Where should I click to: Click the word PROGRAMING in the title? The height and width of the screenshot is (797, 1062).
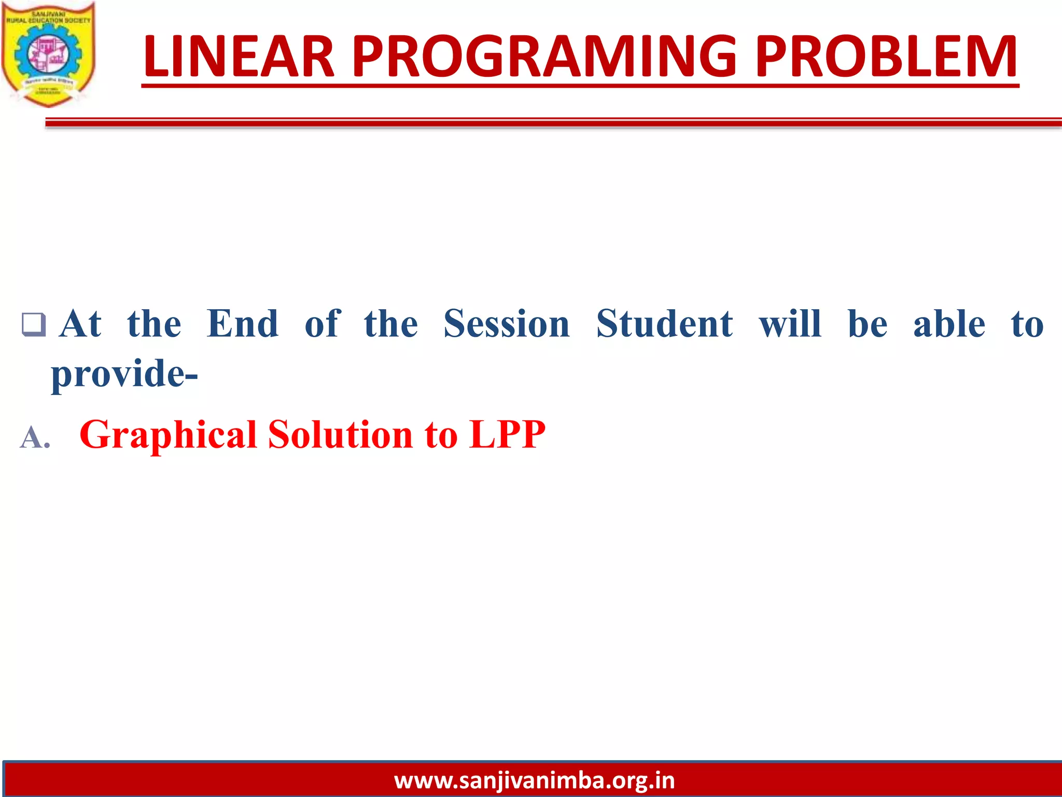tap(544, 57)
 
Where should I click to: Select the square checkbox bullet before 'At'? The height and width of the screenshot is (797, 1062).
tap(34, 325)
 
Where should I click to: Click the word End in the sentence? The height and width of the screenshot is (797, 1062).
tap(243, 324)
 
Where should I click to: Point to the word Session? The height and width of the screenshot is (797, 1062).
tap(507, 324)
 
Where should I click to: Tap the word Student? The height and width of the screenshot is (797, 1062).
tap(665, 324)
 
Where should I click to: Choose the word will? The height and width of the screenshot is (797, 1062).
tap(790, 324)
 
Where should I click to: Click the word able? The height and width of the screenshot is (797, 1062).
tap(949, 324)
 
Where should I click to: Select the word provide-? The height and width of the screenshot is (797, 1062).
tap(124, 374)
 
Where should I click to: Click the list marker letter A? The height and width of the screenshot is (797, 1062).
tap(34, 437)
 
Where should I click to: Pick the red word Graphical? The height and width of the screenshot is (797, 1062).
tap(169, 435)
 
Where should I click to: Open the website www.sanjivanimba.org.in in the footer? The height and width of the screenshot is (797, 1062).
tap(534, 780)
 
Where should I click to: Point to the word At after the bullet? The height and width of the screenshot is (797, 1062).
tap(80, 324)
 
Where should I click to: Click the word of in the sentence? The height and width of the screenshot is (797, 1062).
tap(323, 324)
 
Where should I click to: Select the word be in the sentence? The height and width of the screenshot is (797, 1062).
tap(868, 324)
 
